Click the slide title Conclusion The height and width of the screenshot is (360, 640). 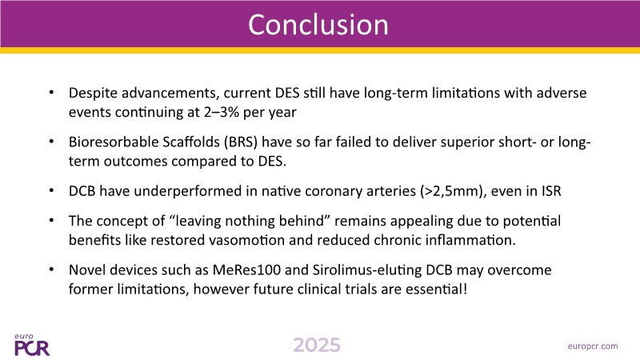point(318,25)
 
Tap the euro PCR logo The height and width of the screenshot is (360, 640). point(32,345)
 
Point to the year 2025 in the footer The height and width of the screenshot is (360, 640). point(317,346)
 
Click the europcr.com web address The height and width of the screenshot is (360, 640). point(593,346)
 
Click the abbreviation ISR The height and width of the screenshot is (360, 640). point(551,191)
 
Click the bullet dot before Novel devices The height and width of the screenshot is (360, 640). point(51,270)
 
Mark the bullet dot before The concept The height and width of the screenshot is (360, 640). point(51,221)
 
